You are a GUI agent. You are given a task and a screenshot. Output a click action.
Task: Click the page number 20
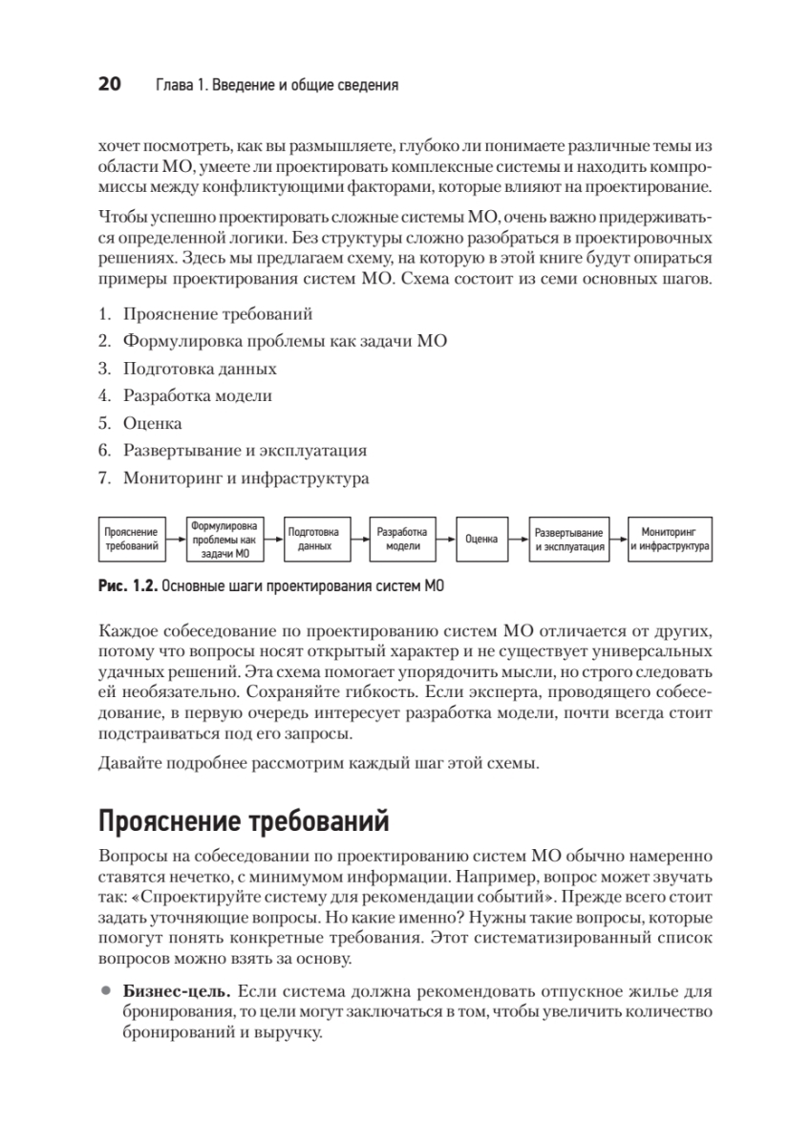click(108, 85)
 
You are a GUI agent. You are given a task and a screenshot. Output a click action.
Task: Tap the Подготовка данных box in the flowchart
click(314, 540)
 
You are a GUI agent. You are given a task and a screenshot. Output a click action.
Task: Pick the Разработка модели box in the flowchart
click(402, 540)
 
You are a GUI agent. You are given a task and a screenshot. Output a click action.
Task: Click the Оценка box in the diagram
click(481, 540)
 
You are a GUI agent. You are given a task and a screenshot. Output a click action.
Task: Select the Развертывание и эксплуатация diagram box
click(569, 540)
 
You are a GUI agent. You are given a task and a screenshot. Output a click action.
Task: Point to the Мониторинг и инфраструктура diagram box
click(669, 540)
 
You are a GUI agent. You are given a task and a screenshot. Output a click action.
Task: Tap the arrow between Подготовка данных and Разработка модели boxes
click(357, 540)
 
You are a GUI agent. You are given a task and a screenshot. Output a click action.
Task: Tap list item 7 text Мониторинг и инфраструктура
click(245, 477)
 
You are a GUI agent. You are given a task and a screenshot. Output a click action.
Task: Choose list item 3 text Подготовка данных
click(200, 368)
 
